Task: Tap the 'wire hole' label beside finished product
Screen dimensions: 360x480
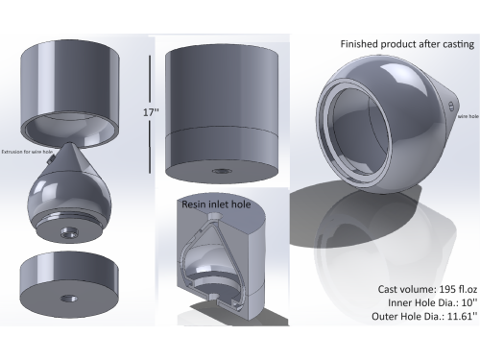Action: [464, 113]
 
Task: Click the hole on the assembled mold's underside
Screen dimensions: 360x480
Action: [222, 172]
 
